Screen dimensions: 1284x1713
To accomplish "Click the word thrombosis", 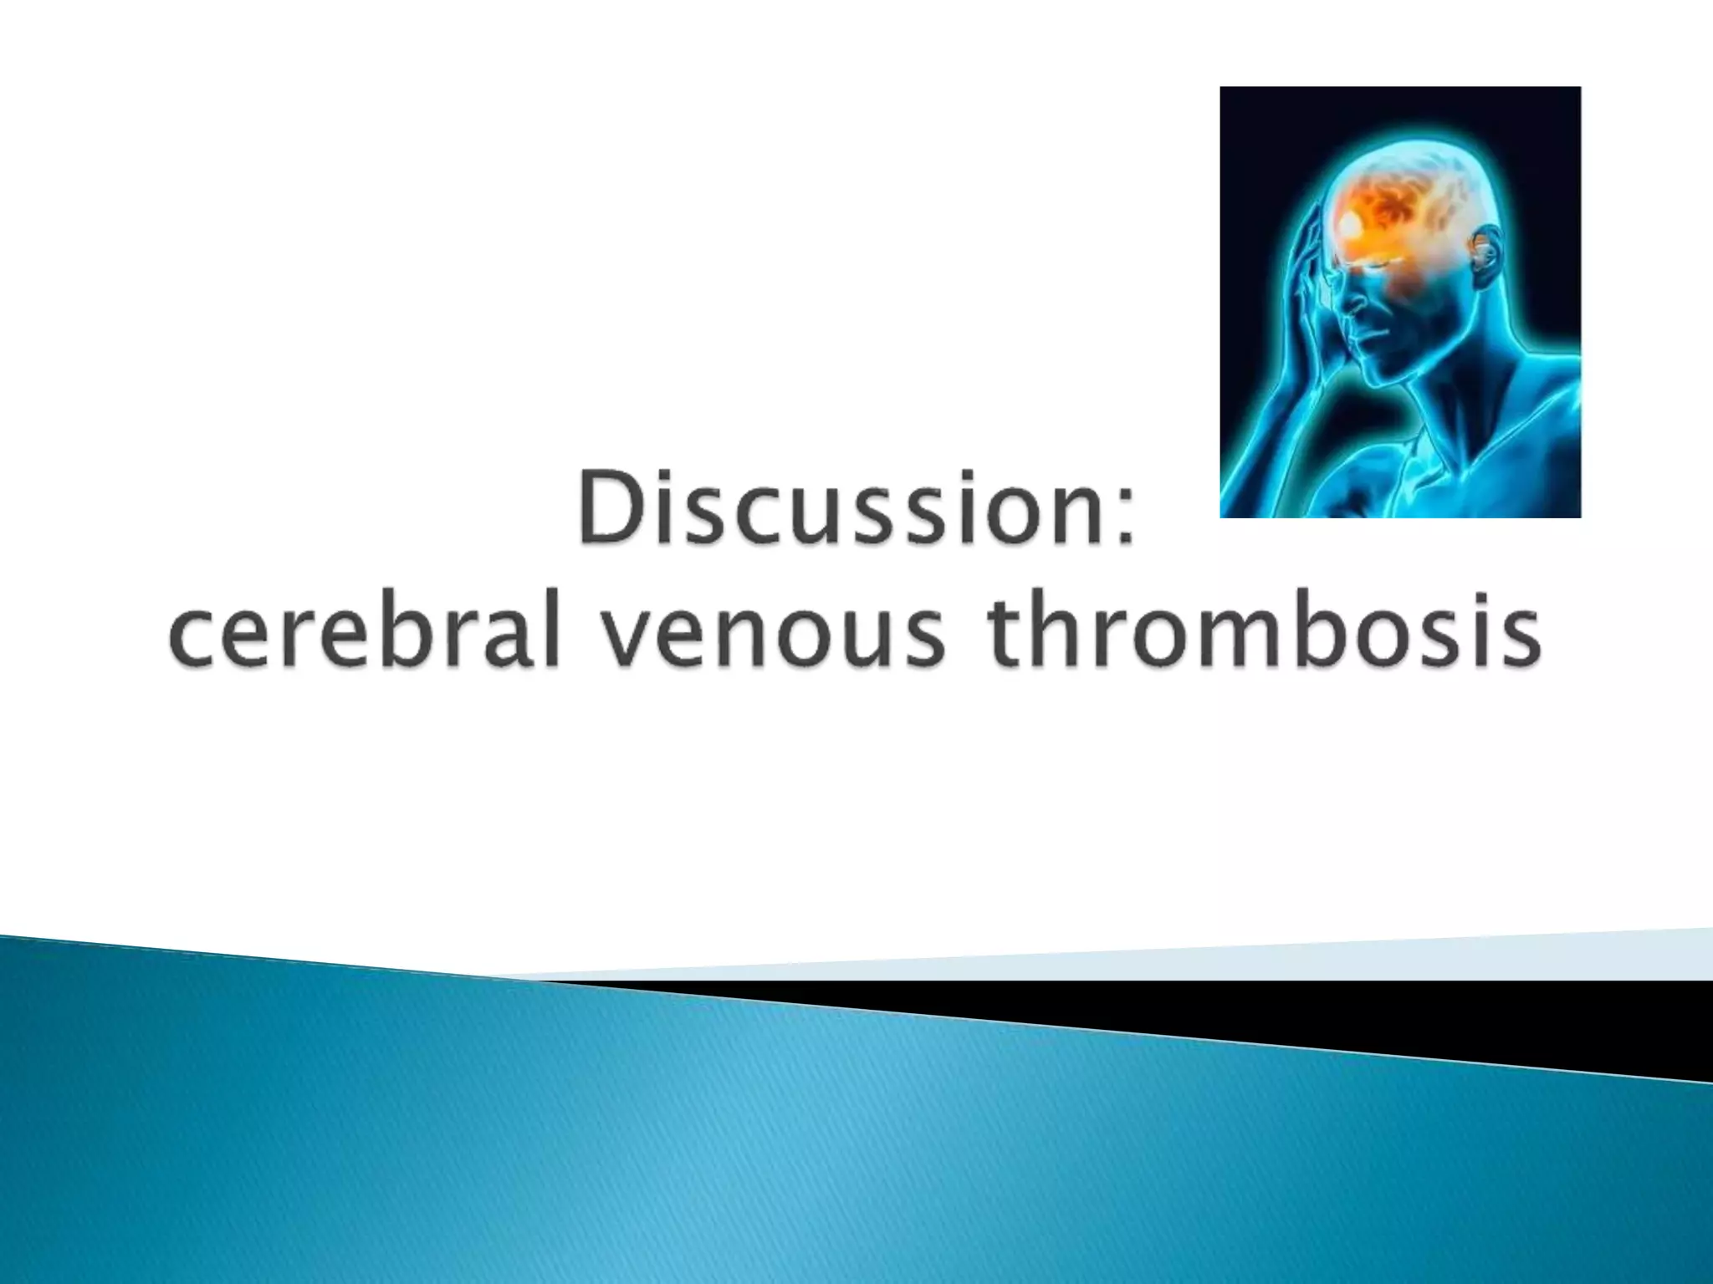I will click(x=1261, y=632).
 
